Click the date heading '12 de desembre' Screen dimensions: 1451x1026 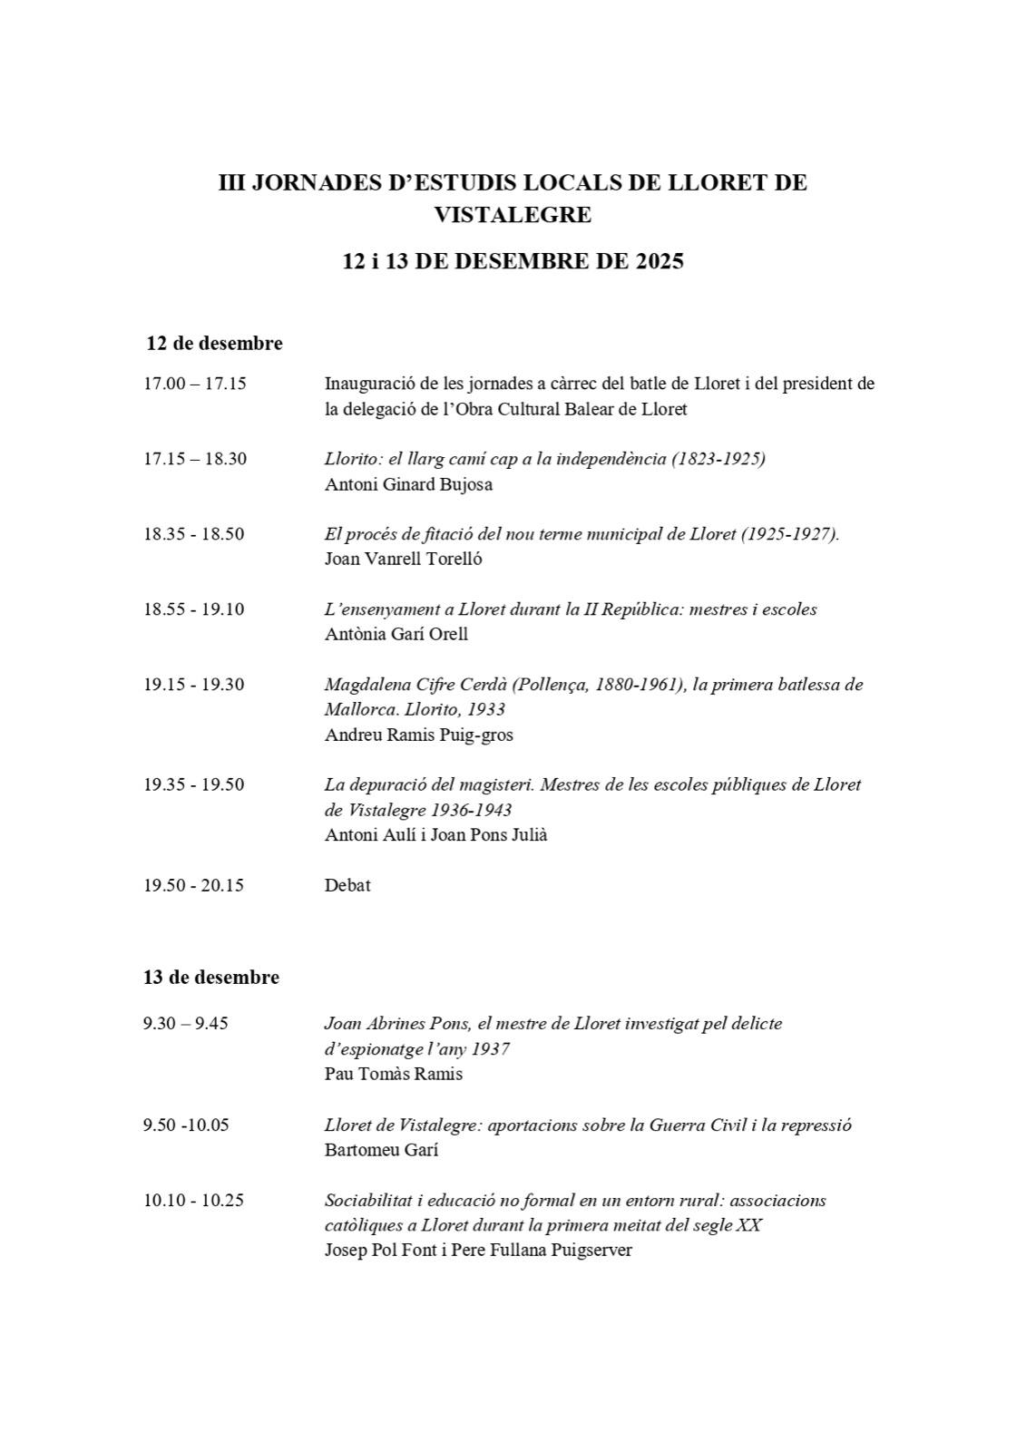(214, 344)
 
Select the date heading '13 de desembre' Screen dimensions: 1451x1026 (210, 978)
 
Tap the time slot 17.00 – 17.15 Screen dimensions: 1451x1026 (195, 384)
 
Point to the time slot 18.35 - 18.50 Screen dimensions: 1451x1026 (193, 534)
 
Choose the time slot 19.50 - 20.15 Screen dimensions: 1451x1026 (193, 885)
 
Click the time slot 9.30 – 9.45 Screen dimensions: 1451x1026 (186, 1024)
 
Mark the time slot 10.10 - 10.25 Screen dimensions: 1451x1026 (193, 1201)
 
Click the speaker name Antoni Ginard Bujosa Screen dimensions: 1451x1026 (408, 484)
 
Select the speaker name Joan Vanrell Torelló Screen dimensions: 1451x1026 (403, 559)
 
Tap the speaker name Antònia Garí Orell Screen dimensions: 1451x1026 (396, 634)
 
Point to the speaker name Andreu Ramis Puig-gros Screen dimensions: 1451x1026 (418, 735)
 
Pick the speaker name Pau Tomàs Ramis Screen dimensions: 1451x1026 (394, 1075)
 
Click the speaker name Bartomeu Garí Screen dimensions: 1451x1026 (381, 1150)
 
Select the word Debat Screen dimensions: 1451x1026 (347, 885)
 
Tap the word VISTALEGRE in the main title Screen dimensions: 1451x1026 (513, 215)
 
